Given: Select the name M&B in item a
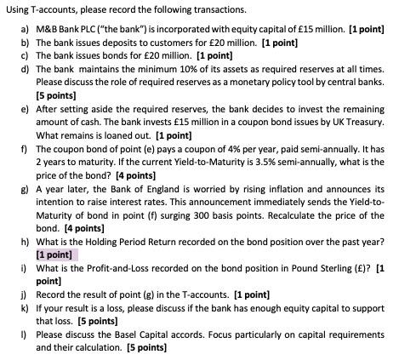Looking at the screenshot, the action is (x=47, y=30).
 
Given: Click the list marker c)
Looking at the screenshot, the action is (x=24, y=54).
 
